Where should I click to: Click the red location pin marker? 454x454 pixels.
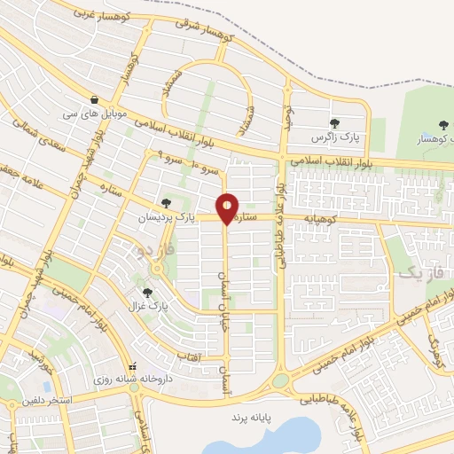pyautogui.click(x=228, y=208)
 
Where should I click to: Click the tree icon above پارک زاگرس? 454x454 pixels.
pyautogui.click(x=334, y=123)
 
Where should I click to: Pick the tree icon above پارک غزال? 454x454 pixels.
pyautogui.click(x=147, y=292)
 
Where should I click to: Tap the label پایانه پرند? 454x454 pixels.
pyautogui.click(x=249, y=416)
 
